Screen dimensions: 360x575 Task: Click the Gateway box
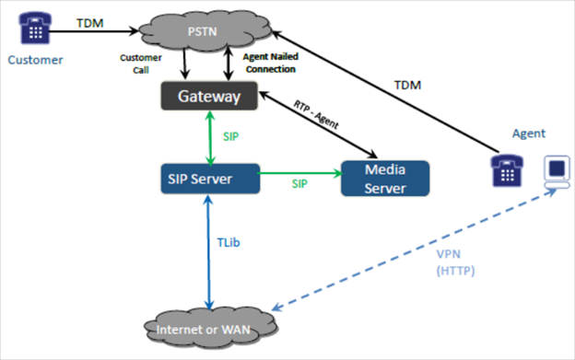pos(211,97)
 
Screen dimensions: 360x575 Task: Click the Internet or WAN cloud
pos(212,329)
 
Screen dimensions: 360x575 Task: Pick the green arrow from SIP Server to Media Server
pos(299,171)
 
